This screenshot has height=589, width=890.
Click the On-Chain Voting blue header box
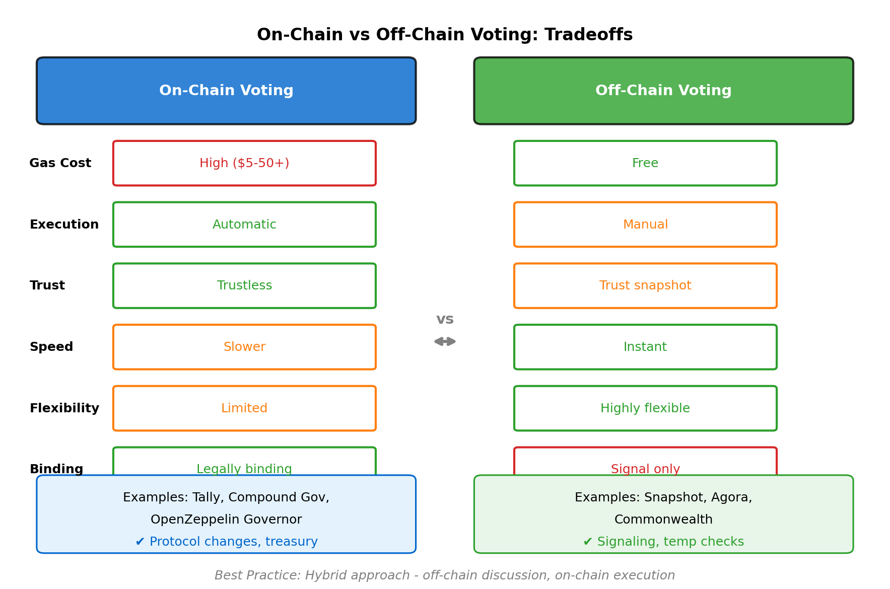(226, 91)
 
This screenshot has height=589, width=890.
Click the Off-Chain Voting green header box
(663, 91)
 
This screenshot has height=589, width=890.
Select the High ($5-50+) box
(244, 163)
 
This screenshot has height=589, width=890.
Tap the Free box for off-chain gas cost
(645, 163)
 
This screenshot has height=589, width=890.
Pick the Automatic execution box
(244, 225)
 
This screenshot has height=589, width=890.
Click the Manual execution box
(645, 225)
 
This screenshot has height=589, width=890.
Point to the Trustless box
(244, 285)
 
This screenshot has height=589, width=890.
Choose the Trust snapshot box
(645, 285)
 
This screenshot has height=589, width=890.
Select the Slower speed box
(244, 347)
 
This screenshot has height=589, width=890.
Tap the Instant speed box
(645, 347)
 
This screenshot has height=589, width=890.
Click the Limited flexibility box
(244, 408)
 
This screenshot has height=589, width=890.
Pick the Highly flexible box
(645, 408)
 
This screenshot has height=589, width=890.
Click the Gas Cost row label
(60, 163)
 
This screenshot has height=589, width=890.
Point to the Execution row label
(64, 225)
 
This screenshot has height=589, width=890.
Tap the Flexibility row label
(64, 408)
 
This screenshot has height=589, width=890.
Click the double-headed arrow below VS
(445, 341)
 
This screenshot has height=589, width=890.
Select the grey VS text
(445, 319)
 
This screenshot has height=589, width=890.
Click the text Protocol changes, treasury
(233, 542)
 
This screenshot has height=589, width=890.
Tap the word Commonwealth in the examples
(663, 520)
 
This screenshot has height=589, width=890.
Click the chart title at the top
(445, 35)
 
